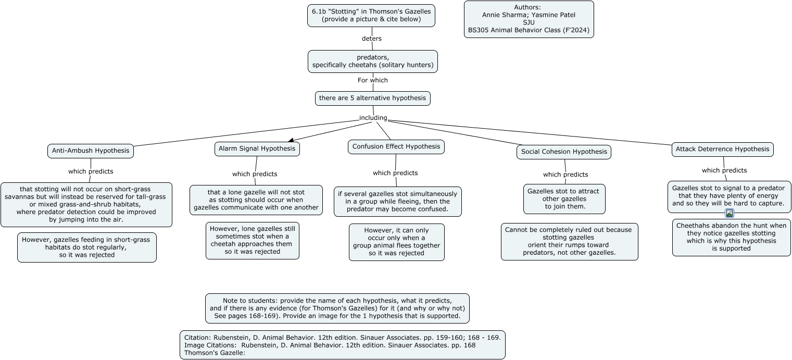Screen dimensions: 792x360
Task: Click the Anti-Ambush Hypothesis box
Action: click(x=91, y=151)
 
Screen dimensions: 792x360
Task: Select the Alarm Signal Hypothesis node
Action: click(x=257, y=148)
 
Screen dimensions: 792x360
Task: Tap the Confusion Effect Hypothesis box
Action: click(x=396, y=147)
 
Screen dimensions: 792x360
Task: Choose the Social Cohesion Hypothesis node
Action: click(x=563, y=152)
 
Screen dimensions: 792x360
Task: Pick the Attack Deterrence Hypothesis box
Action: click(x=722, y=149)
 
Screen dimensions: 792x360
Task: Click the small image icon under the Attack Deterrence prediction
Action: click(x=729, y=213)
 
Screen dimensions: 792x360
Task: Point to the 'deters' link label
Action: click(x=372, y=39)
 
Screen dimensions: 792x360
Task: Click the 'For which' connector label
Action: click(x=373, y=80)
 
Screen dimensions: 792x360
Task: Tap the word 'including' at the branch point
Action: click(x=373, y=118)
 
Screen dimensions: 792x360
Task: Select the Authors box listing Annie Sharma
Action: click(x=529, y=19)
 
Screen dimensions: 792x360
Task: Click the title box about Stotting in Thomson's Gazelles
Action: click(x=371, y=16)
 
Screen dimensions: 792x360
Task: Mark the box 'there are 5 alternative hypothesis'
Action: click(x=373, y=98)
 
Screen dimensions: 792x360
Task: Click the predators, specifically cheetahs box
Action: click(x=373, y=61)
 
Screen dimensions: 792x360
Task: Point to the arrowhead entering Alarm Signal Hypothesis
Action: click(x=291, y=140)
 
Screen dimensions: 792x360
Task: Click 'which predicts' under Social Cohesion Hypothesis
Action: click(x=565, y=175)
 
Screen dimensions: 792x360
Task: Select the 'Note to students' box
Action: click(x=337, y=308)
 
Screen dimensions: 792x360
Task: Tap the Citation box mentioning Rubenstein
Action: click(x=342, y=345)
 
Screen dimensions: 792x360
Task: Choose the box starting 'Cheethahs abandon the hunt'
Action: click(x=731, y=237)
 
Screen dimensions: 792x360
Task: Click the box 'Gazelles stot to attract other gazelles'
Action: click(x=564, y=199)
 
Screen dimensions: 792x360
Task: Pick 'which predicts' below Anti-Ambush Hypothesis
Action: click(x=91, y=171)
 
